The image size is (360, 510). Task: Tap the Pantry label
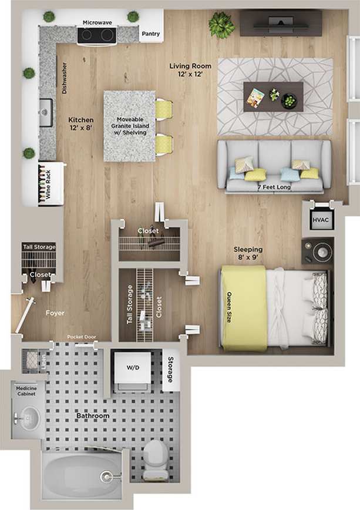(x=150, y=34)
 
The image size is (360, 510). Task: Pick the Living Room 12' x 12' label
(x=187, y=70)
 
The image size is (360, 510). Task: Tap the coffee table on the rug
(x=273, y=96)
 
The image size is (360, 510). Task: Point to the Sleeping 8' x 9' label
(x=248, y=253)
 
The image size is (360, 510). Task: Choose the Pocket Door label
(x=82, y=337)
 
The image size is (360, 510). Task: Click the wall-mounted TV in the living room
(x=281, y=22)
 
